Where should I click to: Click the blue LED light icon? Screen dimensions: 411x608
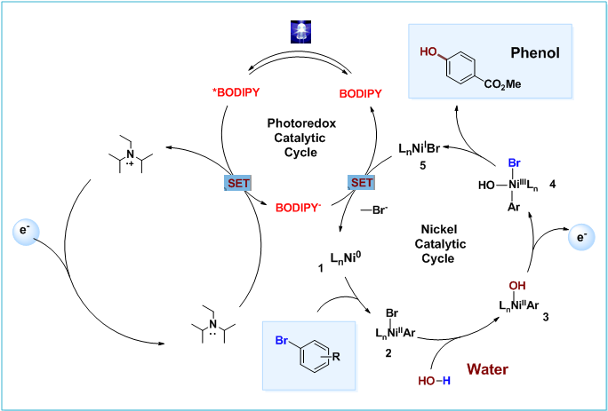pyautogui.click(x=299, y=33)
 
